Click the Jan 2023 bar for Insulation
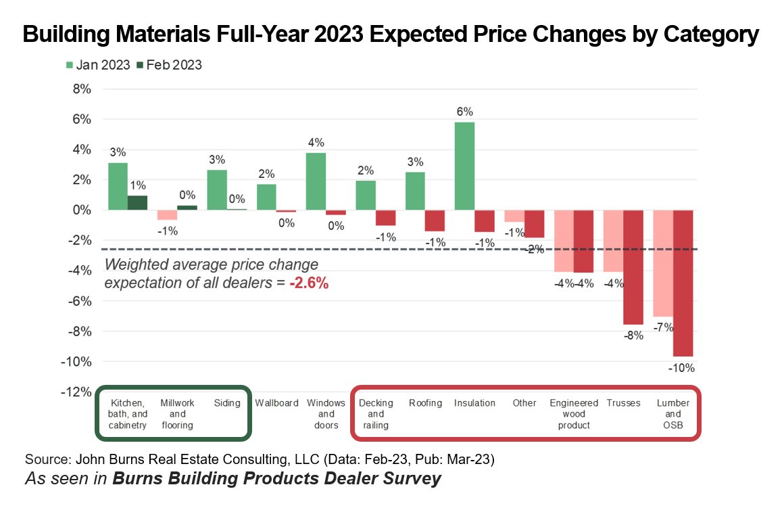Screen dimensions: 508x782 pos(464,166)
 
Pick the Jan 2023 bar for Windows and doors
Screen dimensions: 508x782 pos(316,181)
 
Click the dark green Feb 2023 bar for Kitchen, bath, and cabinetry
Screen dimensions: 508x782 pos(138,203)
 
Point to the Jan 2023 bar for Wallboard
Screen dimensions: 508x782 pos(267,197)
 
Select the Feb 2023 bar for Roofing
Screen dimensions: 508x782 pos(435,220)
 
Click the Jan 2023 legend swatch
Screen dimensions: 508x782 pos(70,65)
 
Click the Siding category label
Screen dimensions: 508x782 pos(227,403)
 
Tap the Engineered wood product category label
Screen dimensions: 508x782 pos(574,414)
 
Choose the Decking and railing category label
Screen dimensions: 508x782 pos(376,414)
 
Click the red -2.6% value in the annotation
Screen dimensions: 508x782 pos(309,283)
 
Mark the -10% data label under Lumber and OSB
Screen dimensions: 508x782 pos(681,369)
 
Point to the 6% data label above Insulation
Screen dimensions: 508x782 pos(464,112)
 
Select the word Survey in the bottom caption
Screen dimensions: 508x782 pos(410,479)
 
